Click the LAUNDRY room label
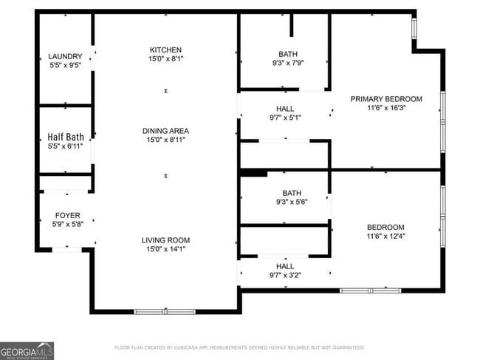pos(65,56)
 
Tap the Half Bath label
pos(65,137)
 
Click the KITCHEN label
pos(166,50)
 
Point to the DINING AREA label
pos(166,130)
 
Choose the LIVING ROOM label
pos(166,240)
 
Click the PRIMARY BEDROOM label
pos(386,99)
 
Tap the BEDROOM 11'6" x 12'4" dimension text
pos(386,237)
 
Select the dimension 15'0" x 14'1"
pos(166,250)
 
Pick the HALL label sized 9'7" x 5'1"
pos(285,108)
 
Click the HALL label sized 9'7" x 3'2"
pos(285,266)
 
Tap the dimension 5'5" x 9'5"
pos(65,65)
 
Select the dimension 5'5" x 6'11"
pos(65,146)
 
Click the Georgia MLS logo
pos(27,350)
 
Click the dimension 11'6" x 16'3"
pos(386,108)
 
